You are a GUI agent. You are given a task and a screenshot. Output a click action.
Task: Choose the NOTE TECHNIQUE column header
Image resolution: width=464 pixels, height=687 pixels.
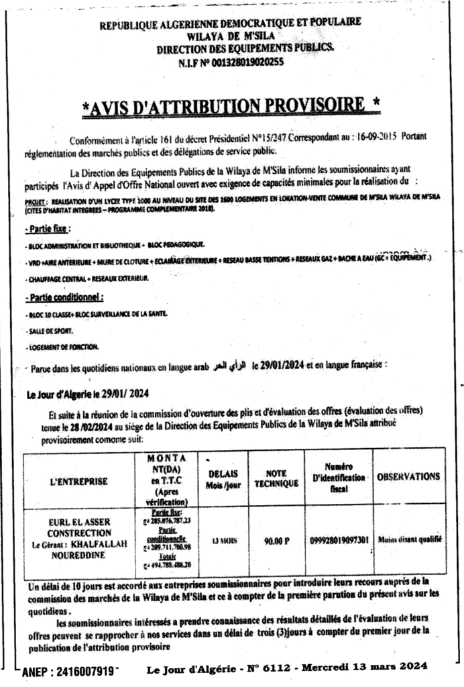[276, 478]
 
